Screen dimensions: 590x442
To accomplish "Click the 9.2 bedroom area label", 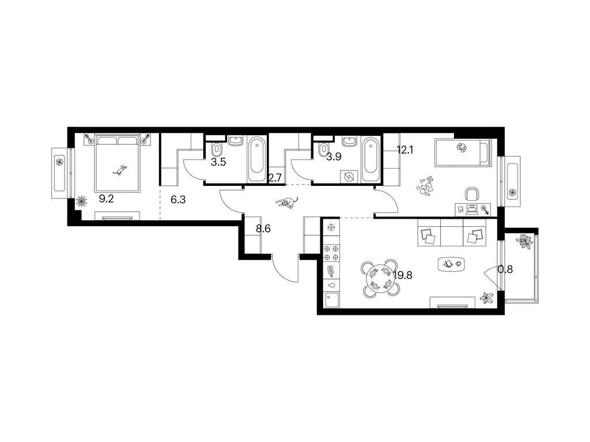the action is tap(106, 199).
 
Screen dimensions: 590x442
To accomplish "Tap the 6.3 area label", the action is tap(178, 200).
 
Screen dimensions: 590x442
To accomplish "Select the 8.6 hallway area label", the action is tap(263, 229).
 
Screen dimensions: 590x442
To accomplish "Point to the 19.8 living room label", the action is tap(403, 276).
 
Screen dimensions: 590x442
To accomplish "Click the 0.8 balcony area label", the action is tap(505, 269).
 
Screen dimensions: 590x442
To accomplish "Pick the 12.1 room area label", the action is tap(405, 150).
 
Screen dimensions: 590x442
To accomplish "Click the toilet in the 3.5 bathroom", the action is tap(217, 151).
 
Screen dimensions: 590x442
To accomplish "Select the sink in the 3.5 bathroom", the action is tap(236, 142).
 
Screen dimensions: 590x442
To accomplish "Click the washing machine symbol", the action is tap(350, 176).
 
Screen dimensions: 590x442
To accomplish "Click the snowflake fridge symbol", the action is tap(331, 227).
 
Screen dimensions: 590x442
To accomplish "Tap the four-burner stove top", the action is tap(331, 253).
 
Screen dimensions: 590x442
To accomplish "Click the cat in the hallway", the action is tap(287, 203).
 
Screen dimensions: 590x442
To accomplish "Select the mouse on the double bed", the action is tap(120, 170).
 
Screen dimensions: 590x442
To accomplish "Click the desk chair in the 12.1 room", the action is tap(472, 195).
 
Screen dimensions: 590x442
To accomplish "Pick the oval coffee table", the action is tap(452, 264).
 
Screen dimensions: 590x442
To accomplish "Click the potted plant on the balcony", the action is tap(524, 241).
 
